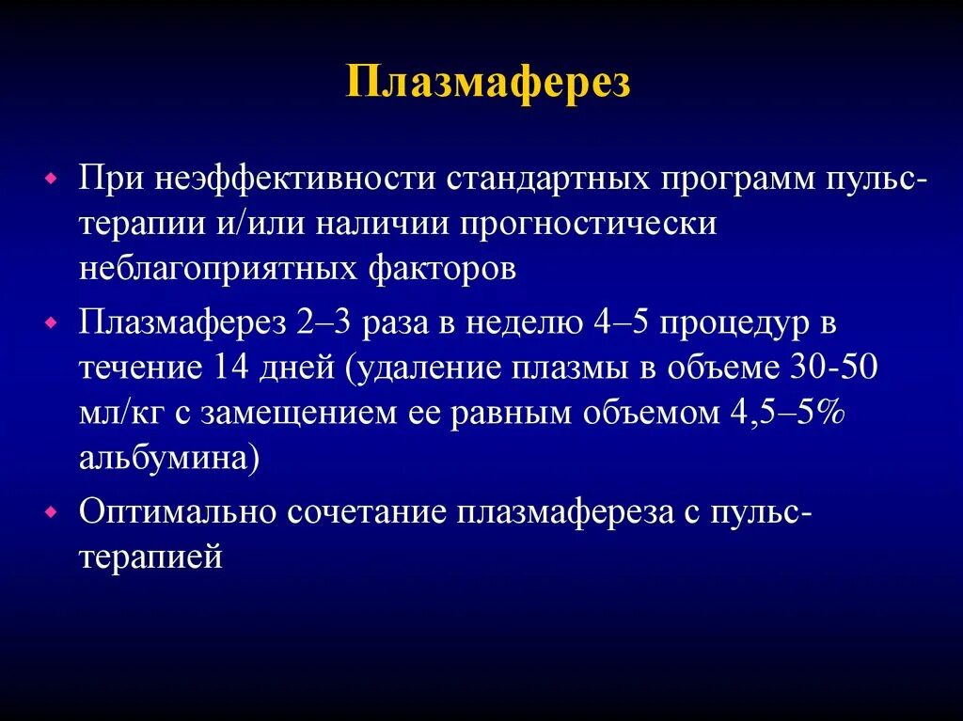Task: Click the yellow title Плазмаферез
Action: click(x=488, y=83)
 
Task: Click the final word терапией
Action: click(x=150, y=557)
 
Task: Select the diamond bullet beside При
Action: click(x=52, y=177)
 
